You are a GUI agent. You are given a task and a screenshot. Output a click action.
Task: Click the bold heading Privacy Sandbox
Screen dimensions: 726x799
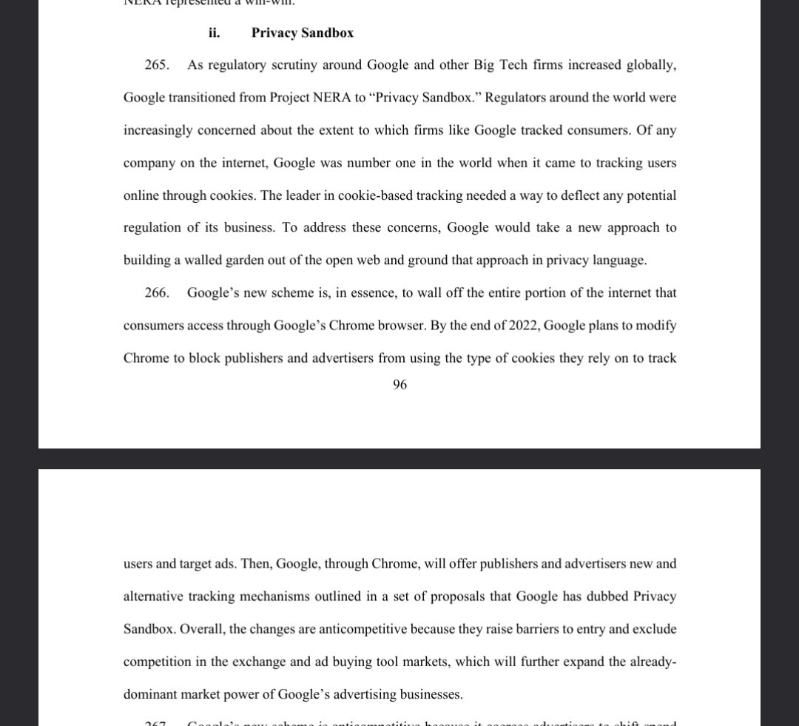(302, 33)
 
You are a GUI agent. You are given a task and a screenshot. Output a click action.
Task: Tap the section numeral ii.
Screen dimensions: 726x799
(214, 33)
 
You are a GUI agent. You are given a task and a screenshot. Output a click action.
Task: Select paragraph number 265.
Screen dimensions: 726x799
(156, 65)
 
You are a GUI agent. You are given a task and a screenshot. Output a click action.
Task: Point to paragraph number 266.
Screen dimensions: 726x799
(156, 293)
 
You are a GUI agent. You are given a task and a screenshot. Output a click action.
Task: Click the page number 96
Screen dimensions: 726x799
(399, 385)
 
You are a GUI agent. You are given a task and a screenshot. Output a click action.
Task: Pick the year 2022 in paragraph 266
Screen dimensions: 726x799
(523, 326)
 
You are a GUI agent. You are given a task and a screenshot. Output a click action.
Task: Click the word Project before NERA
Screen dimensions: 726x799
(289, 98)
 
